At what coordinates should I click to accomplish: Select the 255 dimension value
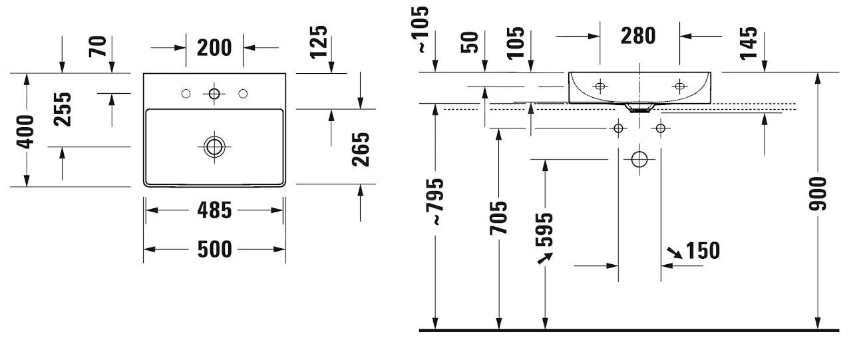coord(63,109)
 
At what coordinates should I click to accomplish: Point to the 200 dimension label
coord(214,48)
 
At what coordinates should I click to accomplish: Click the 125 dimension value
coord(319,41)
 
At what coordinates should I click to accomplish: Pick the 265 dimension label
coord(360,150)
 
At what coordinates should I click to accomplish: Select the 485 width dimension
coord(214,211)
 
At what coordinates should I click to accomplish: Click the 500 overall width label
coord(214,250)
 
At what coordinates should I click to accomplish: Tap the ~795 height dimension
coord(436,200)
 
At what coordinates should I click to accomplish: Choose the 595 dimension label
coord(544,230)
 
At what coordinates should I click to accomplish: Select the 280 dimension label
coord(638,35)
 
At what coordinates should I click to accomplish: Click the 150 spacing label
coord(703,251)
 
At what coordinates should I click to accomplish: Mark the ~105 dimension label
coord(422,30)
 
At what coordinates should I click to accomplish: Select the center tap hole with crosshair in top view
coord(214,94)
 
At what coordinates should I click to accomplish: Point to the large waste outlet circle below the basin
coord(639,159)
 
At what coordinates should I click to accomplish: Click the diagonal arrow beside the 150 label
coord(674,252)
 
